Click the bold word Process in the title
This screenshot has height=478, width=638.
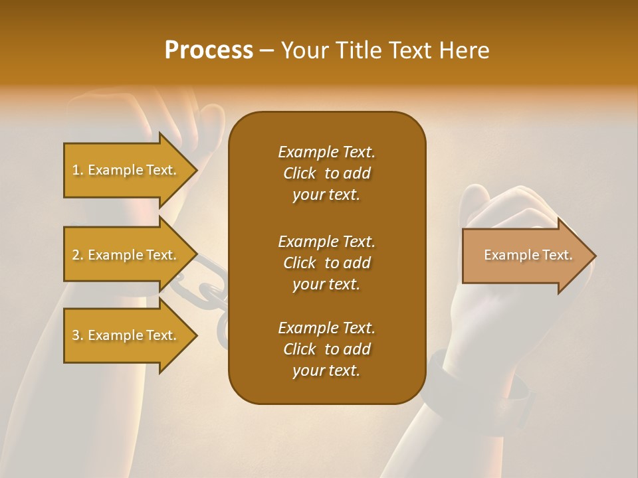click(209, 50)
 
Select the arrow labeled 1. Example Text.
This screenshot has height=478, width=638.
click(126, 170)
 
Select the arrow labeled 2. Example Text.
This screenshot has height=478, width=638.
click(126, 255)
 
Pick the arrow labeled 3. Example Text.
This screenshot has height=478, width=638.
click(126, 335)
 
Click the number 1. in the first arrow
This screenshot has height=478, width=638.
click(78, 170)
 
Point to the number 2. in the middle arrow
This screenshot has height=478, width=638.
click(78, 255)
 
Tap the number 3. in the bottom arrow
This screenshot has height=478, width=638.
click(78, 335)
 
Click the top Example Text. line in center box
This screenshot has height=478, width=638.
click(326, 152)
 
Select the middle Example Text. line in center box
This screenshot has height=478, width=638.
click(326, 242)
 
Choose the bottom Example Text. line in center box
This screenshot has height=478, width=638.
click(326, 328)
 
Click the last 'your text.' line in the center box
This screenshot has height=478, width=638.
click(326, 371)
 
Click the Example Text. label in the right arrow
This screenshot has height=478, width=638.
click(528, 255)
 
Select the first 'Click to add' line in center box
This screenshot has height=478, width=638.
click(326, 173)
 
